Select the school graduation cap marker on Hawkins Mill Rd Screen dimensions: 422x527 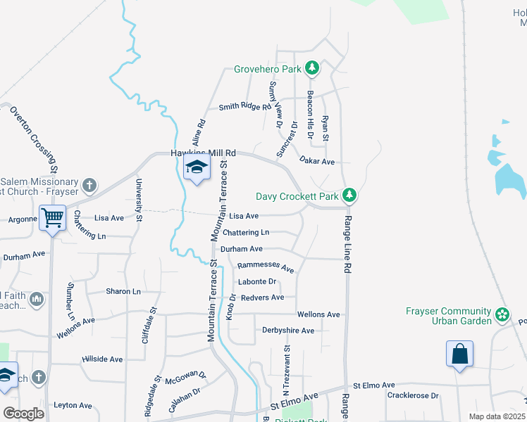point(197,167)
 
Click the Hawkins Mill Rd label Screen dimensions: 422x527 point(203,153)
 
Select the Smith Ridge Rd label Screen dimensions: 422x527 point(244,107)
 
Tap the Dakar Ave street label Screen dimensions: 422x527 point(316,161)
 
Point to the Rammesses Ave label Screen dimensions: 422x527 point(265,267)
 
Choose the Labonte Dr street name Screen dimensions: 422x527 point(257,282)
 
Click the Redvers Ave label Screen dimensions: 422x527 point(262,298)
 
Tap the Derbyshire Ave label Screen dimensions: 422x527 point(287,330)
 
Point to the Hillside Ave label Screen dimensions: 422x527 point(102,359)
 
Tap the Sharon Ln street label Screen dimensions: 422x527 point(123,291)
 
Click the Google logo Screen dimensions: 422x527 point(24,414)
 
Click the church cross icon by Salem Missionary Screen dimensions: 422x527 point(89,186)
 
